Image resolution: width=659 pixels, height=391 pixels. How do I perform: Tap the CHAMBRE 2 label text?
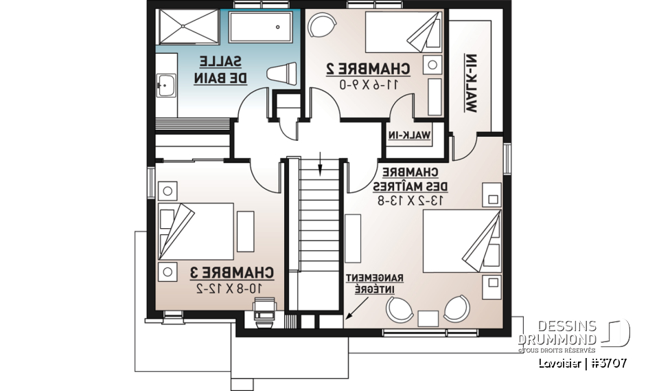367,69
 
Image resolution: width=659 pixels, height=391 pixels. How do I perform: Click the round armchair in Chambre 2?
321,26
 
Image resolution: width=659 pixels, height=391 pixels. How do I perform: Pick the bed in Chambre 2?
402,32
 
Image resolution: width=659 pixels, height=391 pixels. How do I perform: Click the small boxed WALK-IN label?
411,135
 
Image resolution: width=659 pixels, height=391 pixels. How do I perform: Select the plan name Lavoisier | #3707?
581,364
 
